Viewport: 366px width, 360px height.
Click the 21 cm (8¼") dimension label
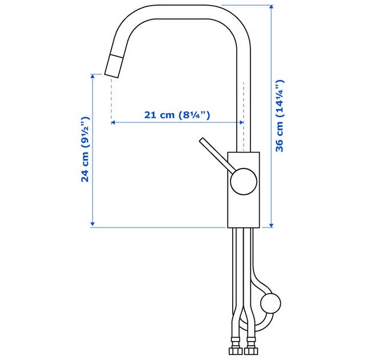[177, 115]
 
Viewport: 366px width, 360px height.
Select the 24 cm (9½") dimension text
[85, 150]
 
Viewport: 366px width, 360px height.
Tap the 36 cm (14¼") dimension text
[280, 115]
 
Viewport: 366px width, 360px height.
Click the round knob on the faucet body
[244, 181]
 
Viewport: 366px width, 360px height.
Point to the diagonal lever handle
[217, 155]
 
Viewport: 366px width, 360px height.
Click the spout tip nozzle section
[113, 66]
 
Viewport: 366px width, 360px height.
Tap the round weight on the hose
[270, 303]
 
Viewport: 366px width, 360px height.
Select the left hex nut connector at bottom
[236, 351]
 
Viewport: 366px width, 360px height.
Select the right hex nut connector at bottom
[251, 351]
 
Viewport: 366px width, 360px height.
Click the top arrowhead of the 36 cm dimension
[271, 7]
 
